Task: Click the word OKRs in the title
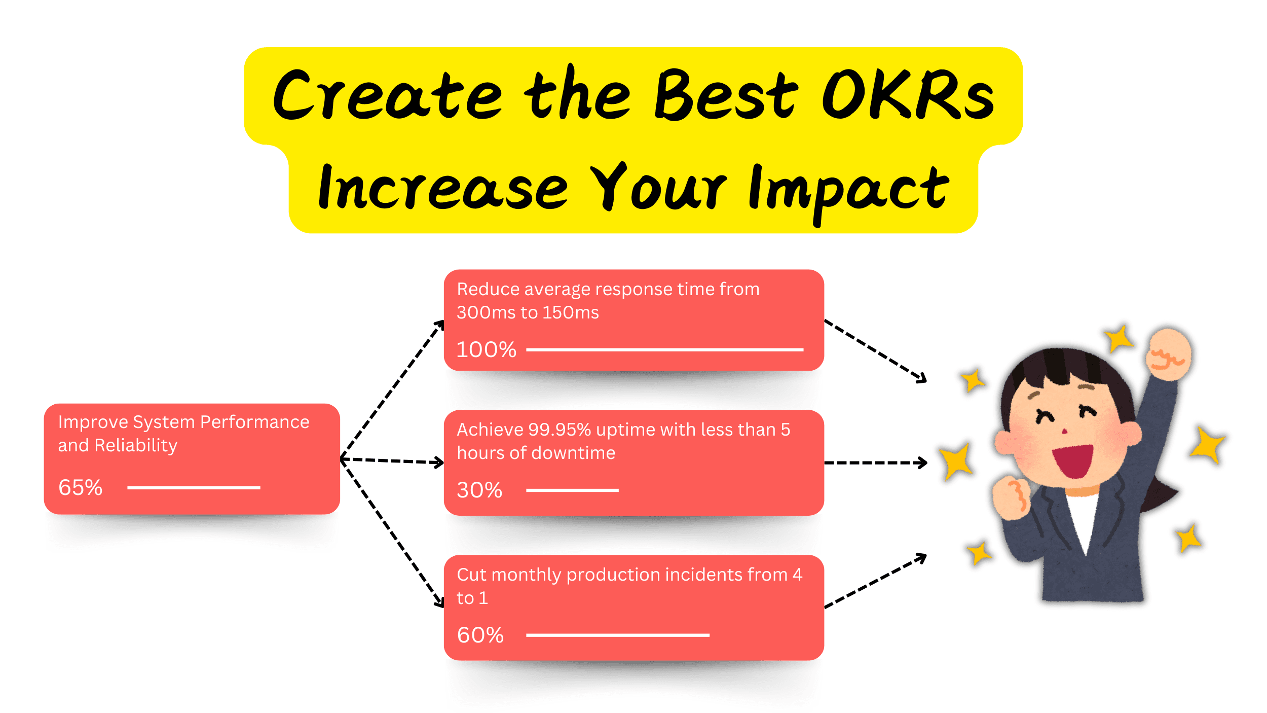point(907,95)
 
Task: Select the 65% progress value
point(81,488)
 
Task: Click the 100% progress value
point(486,350)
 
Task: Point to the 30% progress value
point(479,490)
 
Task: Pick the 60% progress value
point(480,635)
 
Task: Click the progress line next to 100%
point(664,350)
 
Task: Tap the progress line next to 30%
point(572,490)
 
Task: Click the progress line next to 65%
point(194,488)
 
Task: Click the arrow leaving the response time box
point(875,350)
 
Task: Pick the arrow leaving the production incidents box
point(875,581)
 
